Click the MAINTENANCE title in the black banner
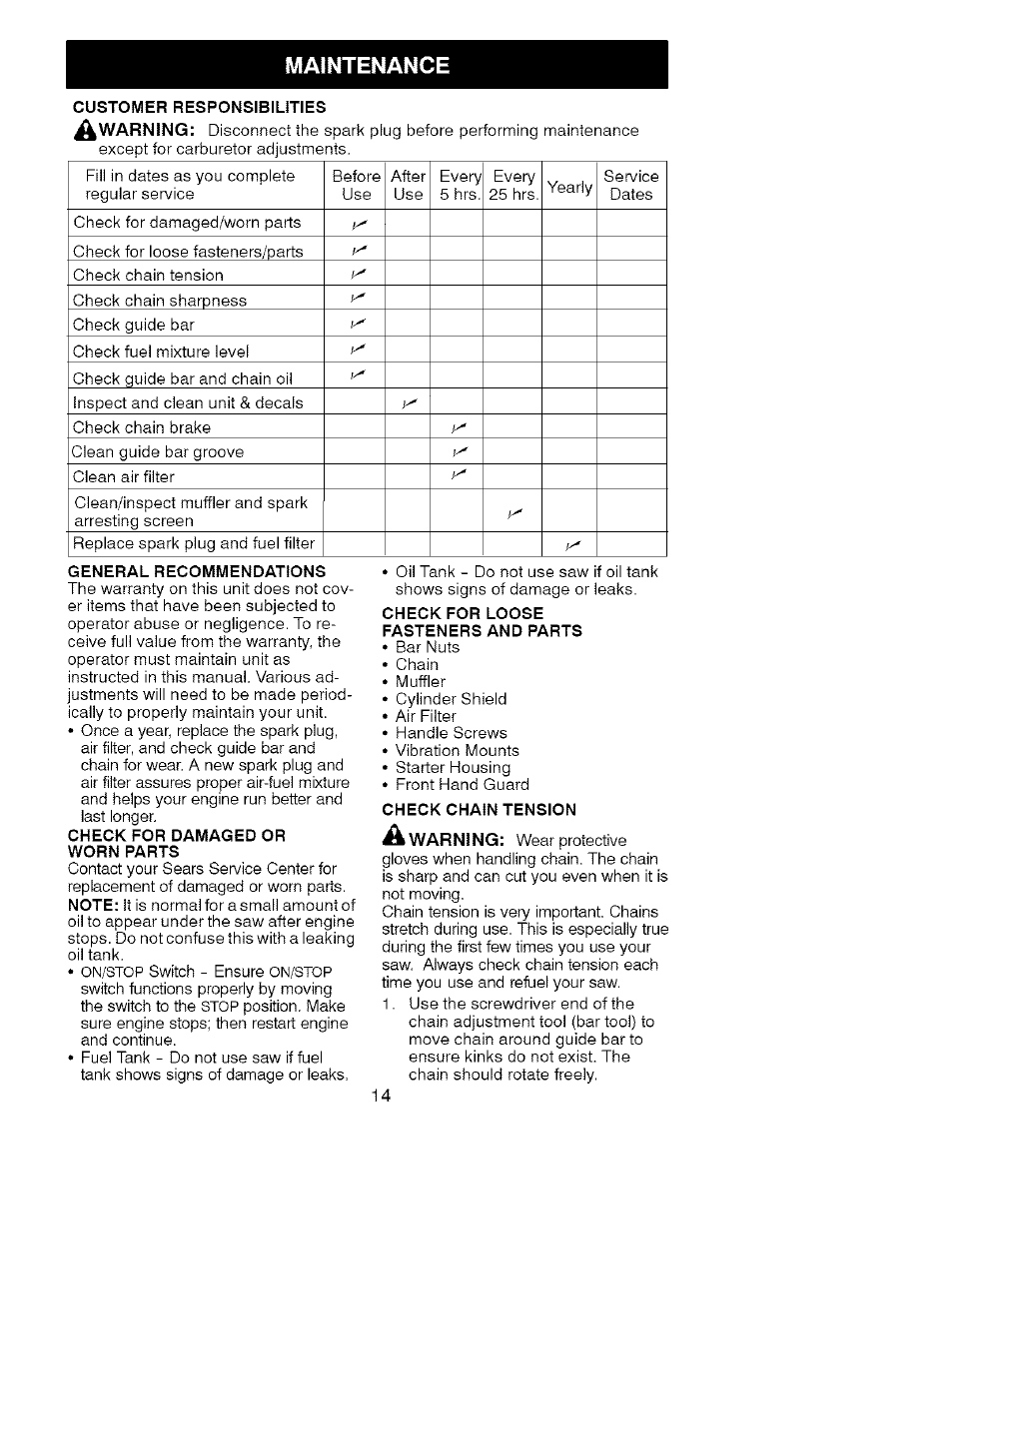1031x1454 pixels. (367, 66)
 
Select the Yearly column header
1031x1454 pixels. (569, 187)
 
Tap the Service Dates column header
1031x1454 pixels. (631, 186)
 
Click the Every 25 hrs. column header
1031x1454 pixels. (514, 186)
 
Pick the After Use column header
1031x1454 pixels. (408, 186)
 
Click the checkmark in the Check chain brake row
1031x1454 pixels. (459, 427)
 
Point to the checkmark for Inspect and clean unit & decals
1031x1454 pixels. (408, 403)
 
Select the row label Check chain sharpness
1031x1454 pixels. (160, 301)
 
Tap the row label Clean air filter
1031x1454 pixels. (124, 477)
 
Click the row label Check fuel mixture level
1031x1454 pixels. (161, 352)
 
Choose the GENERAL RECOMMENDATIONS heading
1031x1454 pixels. (197, 571)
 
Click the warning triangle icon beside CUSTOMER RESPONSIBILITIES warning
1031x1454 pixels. (84, 131)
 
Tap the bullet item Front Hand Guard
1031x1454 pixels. (462, 785)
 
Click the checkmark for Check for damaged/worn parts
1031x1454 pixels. (356, 223)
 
